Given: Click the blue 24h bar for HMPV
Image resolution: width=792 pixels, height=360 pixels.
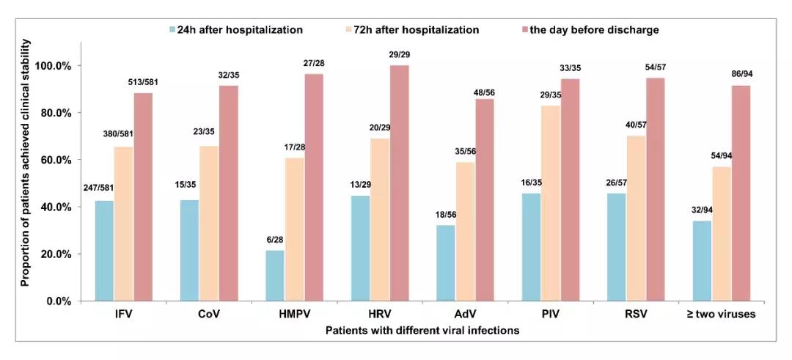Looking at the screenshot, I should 274,276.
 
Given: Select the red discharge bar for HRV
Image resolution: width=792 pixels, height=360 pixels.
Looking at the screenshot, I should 400,183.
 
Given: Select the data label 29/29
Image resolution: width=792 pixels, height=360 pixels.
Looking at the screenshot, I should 400,55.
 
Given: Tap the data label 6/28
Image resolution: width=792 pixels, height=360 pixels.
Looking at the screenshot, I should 274,239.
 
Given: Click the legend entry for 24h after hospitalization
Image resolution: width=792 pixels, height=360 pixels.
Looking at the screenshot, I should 235,30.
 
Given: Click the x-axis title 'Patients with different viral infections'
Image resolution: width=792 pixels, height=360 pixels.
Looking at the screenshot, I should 422,331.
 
